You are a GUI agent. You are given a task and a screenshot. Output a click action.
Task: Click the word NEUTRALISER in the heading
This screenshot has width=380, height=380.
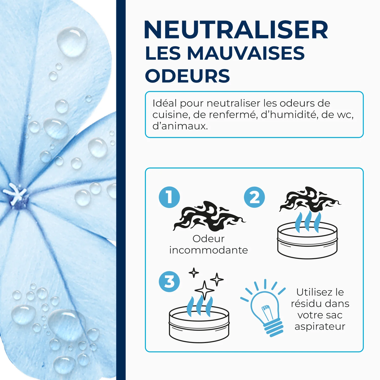click(236, 30)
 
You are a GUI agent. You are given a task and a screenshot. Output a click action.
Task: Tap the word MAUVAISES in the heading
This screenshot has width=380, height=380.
click(246, 53)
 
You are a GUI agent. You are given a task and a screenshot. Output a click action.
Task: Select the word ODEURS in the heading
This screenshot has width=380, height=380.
click(187, 76)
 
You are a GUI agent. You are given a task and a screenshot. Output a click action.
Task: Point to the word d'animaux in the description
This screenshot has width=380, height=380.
click(180, 126)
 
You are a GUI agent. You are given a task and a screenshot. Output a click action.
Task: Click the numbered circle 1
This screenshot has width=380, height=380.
click(169, 197)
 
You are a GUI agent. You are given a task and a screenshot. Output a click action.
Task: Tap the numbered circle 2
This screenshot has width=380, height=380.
click(254, 197)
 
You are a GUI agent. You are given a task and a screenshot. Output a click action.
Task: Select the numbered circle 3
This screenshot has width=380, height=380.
click(169, 281)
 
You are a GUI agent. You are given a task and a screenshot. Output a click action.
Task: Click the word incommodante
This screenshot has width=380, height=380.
click(208, 250)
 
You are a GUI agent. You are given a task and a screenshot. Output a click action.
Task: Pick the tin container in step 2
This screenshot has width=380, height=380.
click(307, 241)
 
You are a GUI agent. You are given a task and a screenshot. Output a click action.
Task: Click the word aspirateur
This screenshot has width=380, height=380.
click(320, 326)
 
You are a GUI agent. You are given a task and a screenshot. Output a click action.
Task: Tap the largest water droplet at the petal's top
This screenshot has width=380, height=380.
click(72, 42)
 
